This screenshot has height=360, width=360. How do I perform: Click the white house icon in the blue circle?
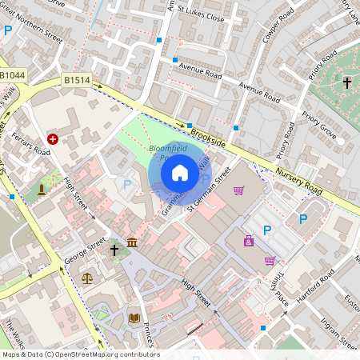pos(180,172)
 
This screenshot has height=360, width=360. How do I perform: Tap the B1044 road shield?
pos(13,74)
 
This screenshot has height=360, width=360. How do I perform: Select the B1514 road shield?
pos(77,80)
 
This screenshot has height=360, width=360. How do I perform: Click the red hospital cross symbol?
pos(53,138)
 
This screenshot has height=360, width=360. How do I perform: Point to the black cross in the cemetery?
pos(347,82)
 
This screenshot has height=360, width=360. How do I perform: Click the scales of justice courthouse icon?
pos(86,278)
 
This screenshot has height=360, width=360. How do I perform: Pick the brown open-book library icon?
pos(134,318)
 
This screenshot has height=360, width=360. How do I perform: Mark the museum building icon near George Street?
pos(131,242)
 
